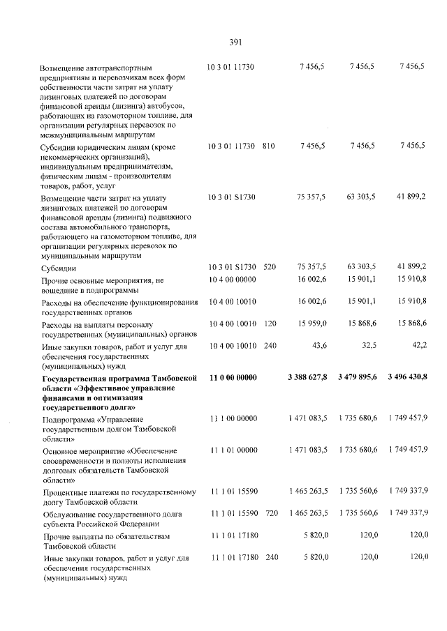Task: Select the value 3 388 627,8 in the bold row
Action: (307, 377)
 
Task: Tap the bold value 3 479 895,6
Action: (357, 377)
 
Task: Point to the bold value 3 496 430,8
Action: (406, 377)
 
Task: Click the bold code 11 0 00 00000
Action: (233, 377)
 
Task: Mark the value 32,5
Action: (367, 346)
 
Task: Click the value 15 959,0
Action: (312, 324)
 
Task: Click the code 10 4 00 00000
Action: (233, 280)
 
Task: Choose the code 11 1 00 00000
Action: (233, 418)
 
